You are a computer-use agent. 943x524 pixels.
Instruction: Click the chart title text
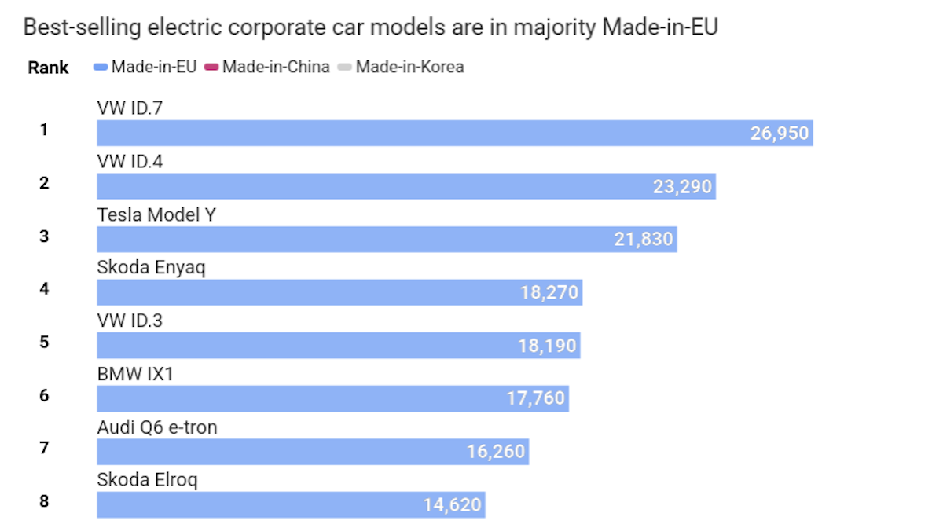click(x=371, y=28)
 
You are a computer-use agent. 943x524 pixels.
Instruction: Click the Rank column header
click(x=48, y=68)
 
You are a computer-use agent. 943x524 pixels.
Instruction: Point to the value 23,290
click(x=682, y=186)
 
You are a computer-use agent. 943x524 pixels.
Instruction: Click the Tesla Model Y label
click(x=156, y=214)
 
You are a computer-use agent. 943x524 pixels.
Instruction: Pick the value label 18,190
click(x=547, y=346)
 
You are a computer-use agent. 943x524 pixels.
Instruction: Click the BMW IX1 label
click(x=135, y=374)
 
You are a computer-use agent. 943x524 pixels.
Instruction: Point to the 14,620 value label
click(x=452, y=505)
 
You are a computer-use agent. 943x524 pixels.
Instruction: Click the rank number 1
click(x=44, y=130)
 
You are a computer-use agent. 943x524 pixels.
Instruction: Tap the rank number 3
click(x=44, y=236)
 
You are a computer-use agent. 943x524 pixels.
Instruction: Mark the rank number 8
click(x=44, y=500)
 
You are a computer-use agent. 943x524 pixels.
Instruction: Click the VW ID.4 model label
click(x=130, y=161)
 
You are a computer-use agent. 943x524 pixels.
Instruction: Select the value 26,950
click(x=779, y=133)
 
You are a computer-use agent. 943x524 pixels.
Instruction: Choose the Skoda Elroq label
click(x=147, y=479)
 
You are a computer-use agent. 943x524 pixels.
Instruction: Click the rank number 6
click(x=44, y=394)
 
